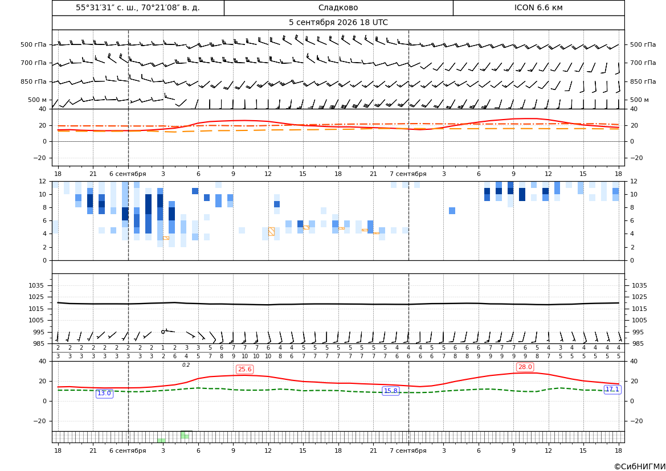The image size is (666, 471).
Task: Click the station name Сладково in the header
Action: click(x=338, y=7)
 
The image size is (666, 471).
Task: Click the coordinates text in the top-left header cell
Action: click(x=138, y=7)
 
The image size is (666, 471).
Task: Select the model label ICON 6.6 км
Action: click(x=538, y=7)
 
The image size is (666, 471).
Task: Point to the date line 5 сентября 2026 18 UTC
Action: click(x=338, y=23)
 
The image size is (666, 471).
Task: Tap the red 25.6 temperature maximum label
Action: click(x=244, y=370)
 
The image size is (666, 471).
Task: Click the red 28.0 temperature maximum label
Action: click(x=525, y=367)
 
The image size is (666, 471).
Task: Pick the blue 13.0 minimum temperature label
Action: click(x=104, y=394)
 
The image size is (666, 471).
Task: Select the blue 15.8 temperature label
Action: click(x=390, y=391)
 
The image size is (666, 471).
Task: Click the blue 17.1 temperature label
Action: click(x=612, y=390)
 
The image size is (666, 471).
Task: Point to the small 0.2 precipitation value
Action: click(x=186, y=365)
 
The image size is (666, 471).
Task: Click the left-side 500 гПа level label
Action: click(x=34, y=44)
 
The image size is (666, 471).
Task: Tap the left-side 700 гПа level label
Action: click(x=34, y=63)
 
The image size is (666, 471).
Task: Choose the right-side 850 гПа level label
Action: click(x=643, y=81)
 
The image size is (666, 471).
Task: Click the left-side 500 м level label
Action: click(x=38, y=100)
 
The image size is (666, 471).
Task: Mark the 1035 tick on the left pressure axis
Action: click(x=40, y=285)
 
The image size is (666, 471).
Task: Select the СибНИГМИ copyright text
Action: click(x=640, y=466)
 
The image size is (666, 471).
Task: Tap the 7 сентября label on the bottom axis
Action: click(x=408, y=450)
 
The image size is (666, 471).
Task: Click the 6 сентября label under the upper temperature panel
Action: click(x=128, y=174)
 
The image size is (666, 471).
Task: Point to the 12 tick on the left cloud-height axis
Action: click(x=43, y=181)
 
